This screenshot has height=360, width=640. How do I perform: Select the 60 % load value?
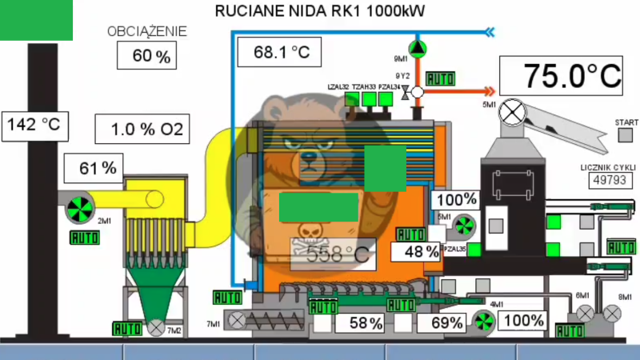(147, 56)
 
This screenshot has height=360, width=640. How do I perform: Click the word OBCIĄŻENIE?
(147, 32)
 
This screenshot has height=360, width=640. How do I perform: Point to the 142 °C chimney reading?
(34, 126)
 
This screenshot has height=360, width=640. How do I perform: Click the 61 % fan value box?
(98, 168)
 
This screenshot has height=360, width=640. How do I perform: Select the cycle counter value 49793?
(608, 180)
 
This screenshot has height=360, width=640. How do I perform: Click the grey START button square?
(626, 136)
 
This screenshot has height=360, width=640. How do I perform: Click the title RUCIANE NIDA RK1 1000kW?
(320, 12)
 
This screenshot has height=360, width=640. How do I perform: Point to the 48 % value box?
(416, 251)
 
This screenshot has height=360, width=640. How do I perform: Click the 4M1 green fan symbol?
(482, 322)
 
